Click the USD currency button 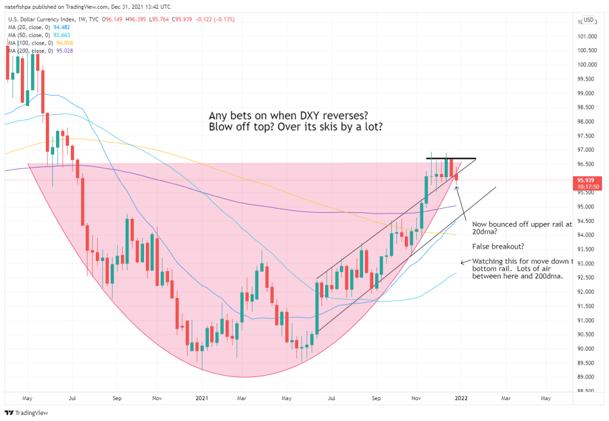(x=588, y=20)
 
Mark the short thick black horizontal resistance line (x=451, y=159)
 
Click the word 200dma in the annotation (x=548, y=275)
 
